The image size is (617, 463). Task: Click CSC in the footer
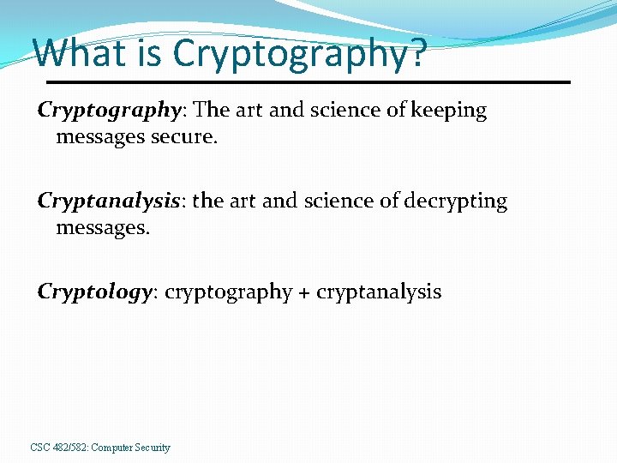pyautogui.click(x=40, y=448)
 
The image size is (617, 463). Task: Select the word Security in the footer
pyautogui.click(x=152, y=448)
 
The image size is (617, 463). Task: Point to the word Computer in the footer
pyautogui.click(x=111, y=448)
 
